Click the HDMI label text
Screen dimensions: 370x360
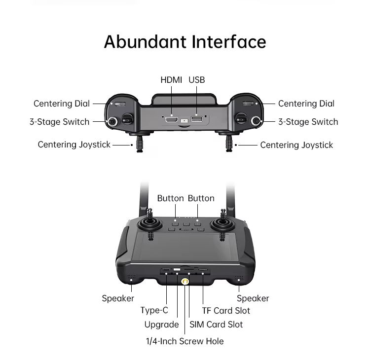(171, 80)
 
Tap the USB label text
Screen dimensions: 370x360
(196, 80)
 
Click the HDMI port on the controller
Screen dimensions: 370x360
(171, 120)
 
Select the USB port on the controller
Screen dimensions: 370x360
(196, 119)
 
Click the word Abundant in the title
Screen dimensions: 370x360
(145, 42)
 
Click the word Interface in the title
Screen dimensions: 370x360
(229, 42)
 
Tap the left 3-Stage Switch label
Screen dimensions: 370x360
(60, 122)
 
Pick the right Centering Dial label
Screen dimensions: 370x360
(306, 104)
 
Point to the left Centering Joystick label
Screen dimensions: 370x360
(74, 144)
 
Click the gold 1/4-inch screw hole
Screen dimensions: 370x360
(185, 282)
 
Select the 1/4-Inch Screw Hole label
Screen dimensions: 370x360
(185, 341)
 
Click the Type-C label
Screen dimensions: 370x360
(154, 310)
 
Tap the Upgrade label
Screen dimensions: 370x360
(162, 324)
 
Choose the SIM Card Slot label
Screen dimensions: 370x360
(216, 324)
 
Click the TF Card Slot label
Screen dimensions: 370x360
(226, 311)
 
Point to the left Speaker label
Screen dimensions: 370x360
(118, 298)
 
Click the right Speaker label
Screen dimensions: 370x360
(253, 298)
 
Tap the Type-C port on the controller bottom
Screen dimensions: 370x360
(166, 269)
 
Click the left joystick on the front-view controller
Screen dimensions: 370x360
(150, 222)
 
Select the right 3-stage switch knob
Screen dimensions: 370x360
(256, 121)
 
